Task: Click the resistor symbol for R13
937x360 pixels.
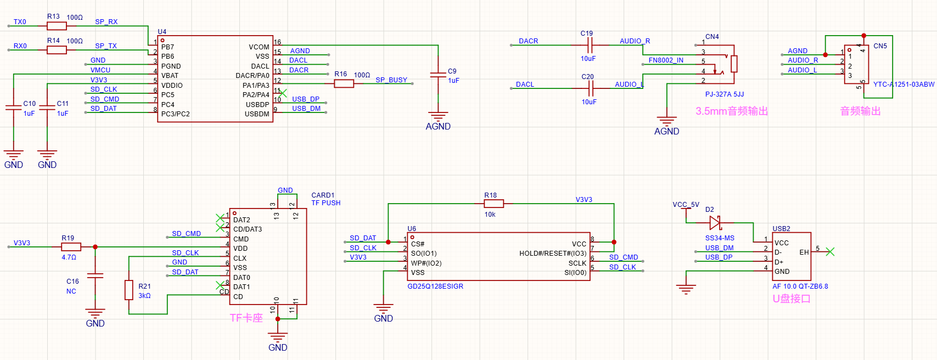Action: [57, 26]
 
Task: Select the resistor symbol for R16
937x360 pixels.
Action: [344, 83]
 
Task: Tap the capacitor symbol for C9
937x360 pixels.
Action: [438, 75]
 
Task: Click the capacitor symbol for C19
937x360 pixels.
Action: [590, 45]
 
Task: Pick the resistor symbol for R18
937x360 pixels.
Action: [493, 204]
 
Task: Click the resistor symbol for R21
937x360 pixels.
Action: [129, 290]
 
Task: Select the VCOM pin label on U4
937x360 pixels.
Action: [259, 47]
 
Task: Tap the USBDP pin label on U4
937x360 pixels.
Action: [257, 104]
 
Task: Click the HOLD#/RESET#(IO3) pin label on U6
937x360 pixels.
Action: [553, 254]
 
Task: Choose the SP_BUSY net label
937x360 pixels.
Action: [391, 80]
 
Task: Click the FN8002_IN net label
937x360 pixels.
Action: [666, 60]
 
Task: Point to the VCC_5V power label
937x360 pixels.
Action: [686, 205]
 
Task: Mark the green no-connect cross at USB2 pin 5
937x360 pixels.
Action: [831, 252]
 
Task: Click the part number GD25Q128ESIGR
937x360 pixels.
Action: [435, 286]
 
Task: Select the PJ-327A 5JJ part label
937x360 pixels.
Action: [725, 94]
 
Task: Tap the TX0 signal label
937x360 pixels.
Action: [20, 22]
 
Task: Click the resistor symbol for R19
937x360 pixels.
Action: [71, 247]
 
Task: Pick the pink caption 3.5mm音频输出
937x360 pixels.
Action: [732, 111]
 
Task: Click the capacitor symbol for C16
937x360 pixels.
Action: [95, 275]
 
